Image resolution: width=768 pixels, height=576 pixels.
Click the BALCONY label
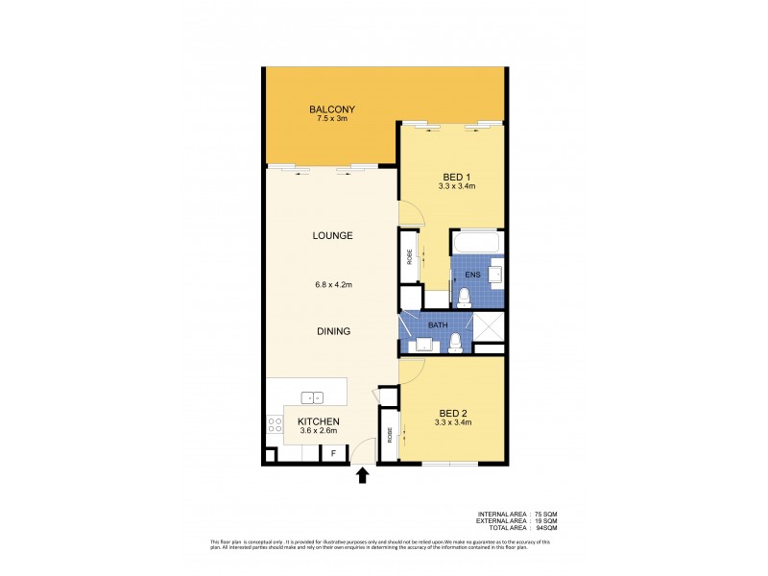(x=327, y=109)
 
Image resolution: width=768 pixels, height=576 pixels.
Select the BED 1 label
(x=455, y=176)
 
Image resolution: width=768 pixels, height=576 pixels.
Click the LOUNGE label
(x=332, y=235)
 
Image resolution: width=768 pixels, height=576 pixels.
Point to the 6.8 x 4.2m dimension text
(x=332, y=283)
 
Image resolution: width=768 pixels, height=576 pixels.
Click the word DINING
(x=332, y=331)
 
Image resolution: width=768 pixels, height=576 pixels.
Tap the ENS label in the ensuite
(x=471, y=275)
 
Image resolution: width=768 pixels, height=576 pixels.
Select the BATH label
(x=437, y=325)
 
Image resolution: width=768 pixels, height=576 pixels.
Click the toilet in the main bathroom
(x=457, y=341)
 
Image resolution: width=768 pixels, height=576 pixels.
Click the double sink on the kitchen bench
(x=311, y=397)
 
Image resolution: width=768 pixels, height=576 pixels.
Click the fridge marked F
(x=333, y=453)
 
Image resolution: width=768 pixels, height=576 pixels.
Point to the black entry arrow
(x=363, y=474)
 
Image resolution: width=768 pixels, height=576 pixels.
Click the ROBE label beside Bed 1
(x=409, y=257)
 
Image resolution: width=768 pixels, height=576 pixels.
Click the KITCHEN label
(x=317, y=421)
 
